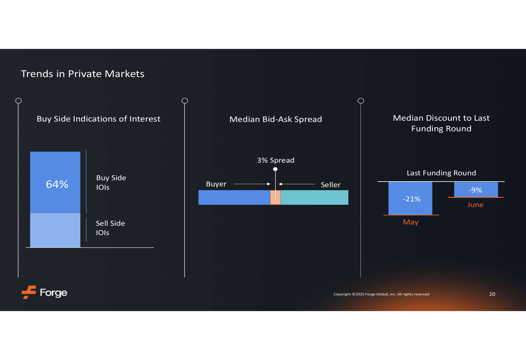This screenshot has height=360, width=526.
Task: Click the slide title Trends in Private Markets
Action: (83, 74)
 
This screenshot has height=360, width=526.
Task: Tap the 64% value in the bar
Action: (57, 184)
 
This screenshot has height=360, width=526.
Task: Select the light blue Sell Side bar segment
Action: (55, 230)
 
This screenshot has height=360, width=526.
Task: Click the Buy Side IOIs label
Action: (111, 182)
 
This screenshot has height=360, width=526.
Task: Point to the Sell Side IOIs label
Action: (110, 228)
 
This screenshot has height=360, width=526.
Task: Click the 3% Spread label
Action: (276, 160)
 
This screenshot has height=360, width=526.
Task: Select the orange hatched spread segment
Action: (276, 198)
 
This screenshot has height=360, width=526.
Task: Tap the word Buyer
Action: (216, 184)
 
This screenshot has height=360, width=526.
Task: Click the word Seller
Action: (330, 184)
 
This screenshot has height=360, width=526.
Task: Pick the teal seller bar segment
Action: (315, 198)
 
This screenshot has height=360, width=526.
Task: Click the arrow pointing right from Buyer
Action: (252, 184)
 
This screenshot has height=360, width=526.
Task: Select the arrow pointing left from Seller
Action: (297, 184)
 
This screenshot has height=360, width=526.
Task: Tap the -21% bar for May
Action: (410, 198)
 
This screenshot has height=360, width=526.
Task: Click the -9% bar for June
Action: (476, 189)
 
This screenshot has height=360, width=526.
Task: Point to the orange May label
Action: (411, 222)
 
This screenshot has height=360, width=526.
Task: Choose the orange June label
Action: (476, 205)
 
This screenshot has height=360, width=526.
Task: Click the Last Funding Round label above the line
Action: (441, 173)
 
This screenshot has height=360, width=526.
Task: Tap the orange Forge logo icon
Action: (29, 292)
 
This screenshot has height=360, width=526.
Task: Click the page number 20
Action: (492, 294)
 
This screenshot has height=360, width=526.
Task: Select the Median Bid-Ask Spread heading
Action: (276, 119)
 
